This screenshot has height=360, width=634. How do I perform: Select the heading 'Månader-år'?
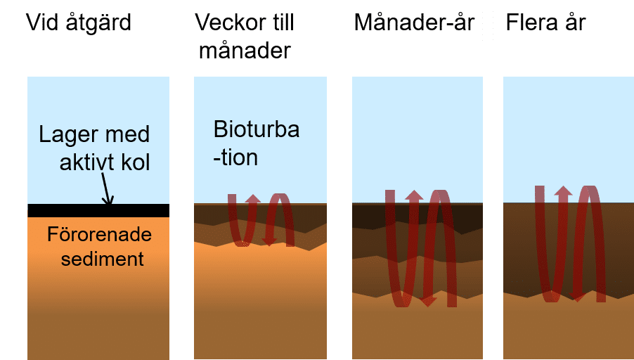(414, 22)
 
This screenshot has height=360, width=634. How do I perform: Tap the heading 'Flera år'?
(545, 22)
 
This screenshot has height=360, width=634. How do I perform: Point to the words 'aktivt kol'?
(105, 163)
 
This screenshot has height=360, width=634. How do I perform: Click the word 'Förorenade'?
(99, 234)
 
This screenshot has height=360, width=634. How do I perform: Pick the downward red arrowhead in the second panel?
(269, 241)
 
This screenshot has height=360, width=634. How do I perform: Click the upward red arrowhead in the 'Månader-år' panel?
(415, 195)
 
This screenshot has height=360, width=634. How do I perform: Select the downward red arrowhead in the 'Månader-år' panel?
(429, 302)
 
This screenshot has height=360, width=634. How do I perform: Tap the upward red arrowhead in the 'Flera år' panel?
(563, 191)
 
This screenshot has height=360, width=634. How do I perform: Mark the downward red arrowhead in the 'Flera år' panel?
(578, 296)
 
